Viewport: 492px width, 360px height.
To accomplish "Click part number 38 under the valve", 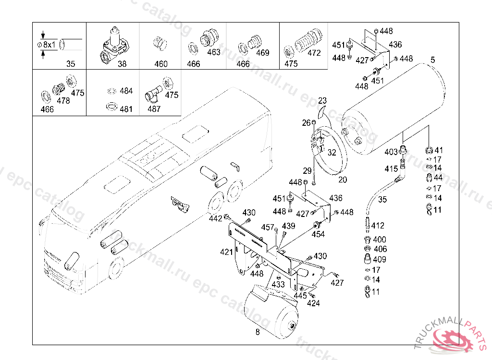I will point(122,64).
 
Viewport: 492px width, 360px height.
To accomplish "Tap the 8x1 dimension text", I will point(49,45).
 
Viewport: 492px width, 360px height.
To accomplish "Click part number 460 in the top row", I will point(161,64).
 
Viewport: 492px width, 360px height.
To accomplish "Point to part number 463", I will point(214,52).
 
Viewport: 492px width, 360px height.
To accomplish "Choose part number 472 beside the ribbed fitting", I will point(314,53).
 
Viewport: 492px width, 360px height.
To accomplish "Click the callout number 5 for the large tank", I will point(433,60).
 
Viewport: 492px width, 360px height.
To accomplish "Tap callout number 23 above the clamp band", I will point(322,101).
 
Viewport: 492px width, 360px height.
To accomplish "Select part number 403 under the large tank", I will point(391,152).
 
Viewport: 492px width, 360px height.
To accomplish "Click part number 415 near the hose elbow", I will point(391,169).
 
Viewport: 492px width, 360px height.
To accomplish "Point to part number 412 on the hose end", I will point(378,226).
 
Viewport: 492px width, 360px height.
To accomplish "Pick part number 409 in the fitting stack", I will point(379,260).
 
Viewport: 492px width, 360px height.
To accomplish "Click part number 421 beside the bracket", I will point(227,252).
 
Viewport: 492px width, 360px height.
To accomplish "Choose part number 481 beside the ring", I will point(126,109).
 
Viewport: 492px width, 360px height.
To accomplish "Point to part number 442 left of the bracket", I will point(216,218).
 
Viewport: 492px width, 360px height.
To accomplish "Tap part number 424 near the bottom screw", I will point(313,303).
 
